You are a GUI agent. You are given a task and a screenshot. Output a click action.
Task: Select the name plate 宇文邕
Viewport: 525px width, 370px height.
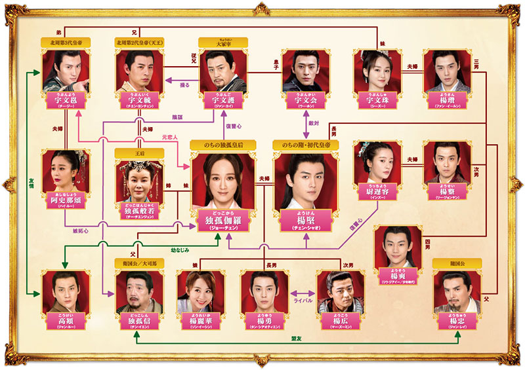(x=65, y=100)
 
